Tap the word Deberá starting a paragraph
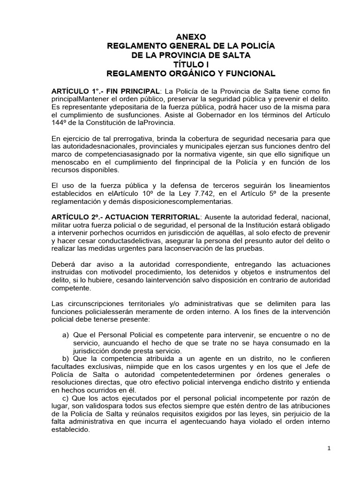64,264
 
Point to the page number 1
329,448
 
